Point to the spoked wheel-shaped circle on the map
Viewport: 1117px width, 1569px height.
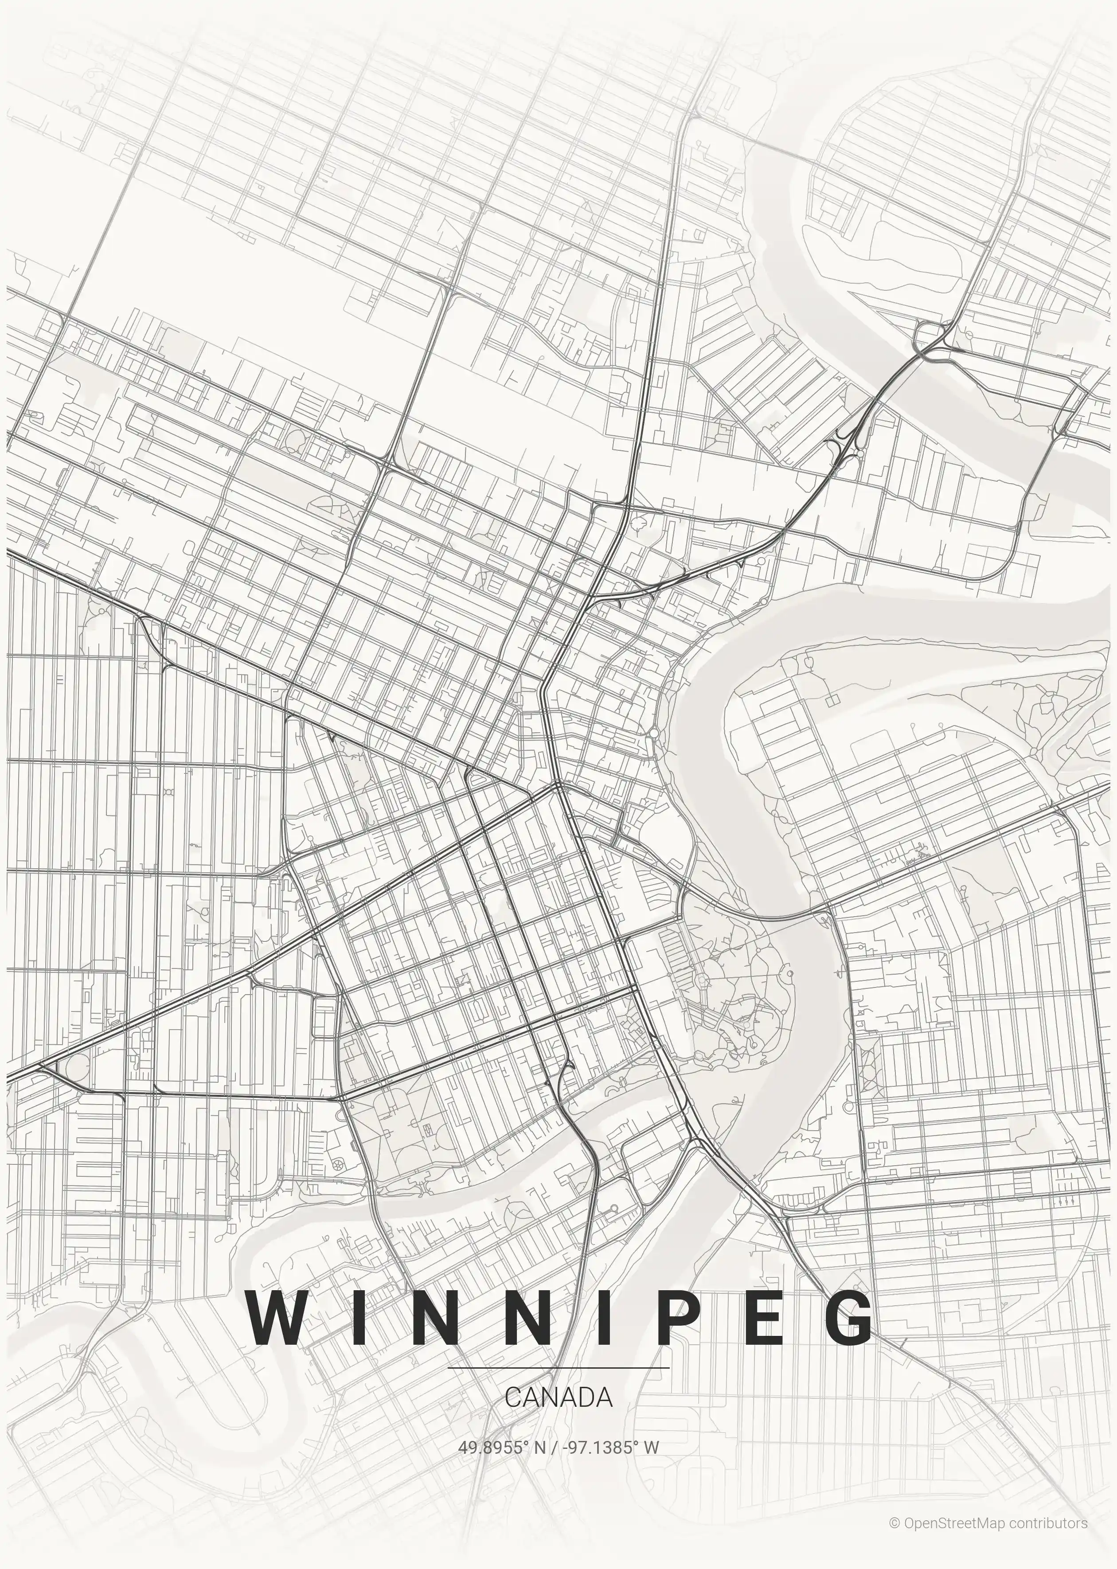pyautogui.click(x=338, y=1163)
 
